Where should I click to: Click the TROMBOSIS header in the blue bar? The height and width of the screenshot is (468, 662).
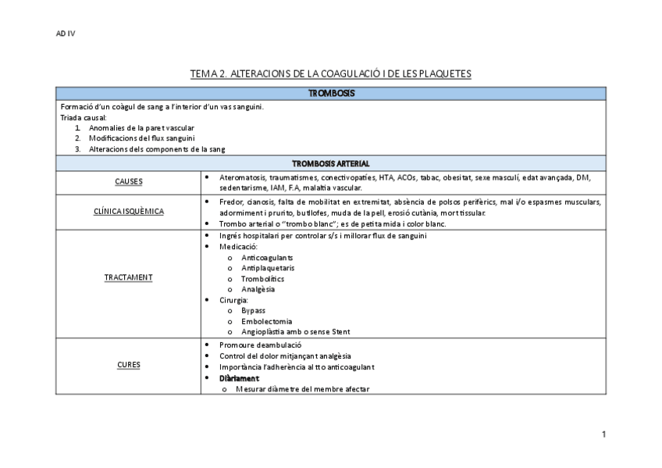coord(331,94)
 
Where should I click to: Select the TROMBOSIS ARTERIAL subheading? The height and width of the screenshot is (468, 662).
coord(330,164)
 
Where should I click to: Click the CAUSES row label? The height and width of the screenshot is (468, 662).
coord(128,182)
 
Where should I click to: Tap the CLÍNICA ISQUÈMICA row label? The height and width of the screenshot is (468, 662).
coord(128,212)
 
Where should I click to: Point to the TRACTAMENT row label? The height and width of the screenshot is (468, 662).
coord(128,277)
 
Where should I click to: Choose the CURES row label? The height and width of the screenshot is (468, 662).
coord(128,364)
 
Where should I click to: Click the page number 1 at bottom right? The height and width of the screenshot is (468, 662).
coord(603,434)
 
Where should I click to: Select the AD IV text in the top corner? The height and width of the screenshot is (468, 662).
coord(66,34)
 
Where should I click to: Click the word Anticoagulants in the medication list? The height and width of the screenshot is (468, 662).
coord(267,257)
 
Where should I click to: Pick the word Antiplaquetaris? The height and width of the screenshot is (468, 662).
coord(268,268)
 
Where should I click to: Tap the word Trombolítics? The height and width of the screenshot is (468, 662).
coord(262,279)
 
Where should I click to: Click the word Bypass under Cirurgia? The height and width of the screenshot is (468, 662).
coord(253,310)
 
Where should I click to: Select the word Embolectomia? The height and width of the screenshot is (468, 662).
coord(266,321)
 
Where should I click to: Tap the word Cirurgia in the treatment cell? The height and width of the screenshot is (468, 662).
coord(233,300)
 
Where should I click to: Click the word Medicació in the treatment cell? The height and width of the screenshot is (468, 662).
coord(237,247)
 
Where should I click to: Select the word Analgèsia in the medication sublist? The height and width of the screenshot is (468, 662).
coord(258,289)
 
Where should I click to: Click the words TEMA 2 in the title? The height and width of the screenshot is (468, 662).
coord(208,74)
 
